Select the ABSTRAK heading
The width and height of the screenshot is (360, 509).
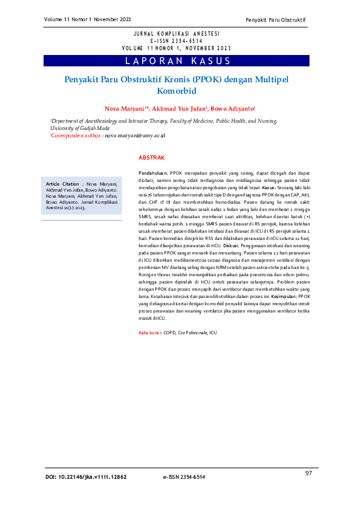tap(151, 157)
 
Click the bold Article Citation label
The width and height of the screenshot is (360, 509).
tap(62, 183)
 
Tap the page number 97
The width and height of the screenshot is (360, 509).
tap(309, 472)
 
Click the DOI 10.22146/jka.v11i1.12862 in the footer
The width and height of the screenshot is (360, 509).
tap(86, 477)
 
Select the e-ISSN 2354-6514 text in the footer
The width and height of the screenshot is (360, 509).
tap(184, 477)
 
